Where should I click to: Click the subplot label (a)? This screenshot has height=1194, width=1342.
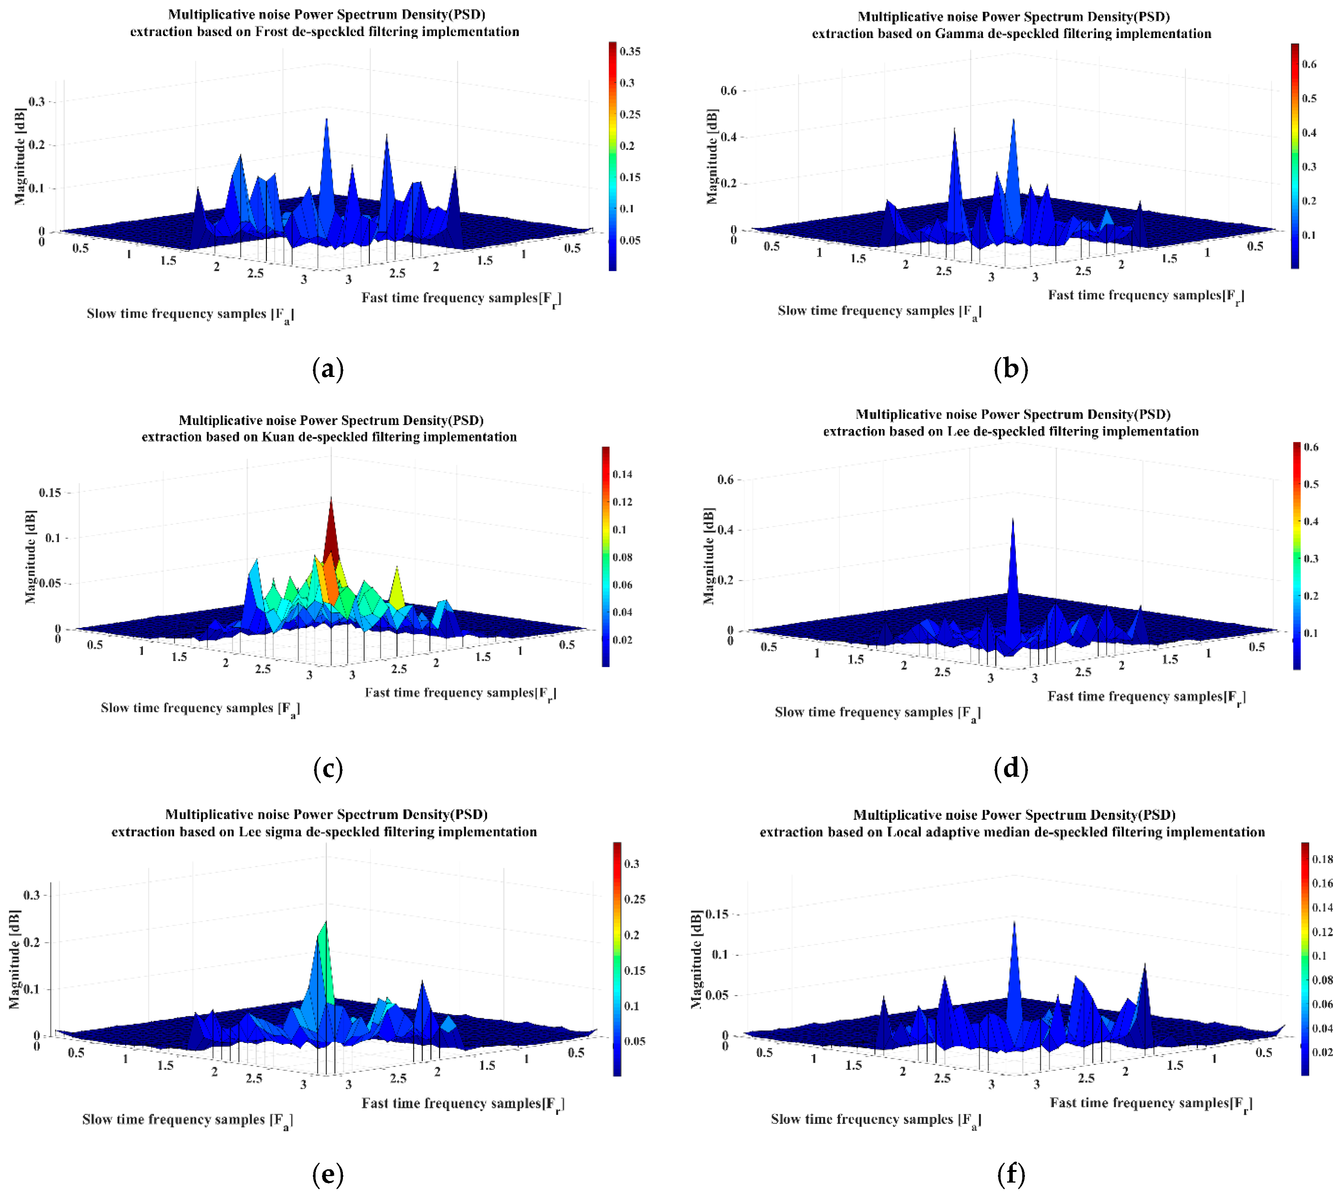click(x=328, y=370)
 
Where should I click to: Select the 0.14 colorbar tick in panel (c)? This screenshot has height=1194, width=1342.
click(x=622, y=474)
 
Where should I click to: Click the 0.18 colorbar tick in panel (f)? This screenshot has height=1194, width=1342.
click(x=1322, y=859)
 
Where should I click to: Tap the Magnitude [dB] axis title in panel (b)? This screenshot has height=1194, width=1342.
click(x=712, y=156)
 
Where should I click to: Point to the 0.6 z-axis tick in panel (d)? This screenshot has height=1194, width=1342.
click(x=725, y=479)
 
